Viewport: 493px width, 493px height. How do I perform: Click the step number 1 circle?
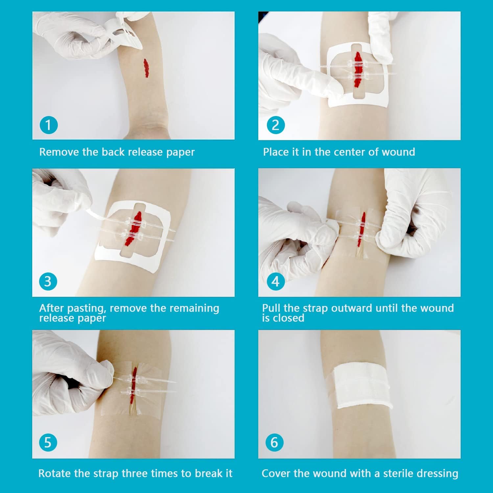pos(48,125)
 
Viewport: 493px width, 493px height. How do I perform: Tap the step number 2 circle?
pos(275,125)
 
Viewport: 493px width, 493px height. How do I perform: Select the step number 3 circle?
pos(48,282)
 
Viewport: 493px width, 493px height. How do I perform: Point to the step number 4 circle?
pos(275,282)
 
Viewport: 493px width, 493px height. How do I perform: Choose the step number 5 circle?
pos(48,442)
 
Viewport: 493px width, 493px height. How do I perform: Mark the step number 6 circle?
pos(274,442)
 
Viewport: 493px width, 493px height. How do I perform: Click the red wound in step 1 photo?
pos(146,68)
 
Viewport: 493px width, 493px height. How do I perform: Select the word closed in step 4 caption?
pos(288,318)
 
